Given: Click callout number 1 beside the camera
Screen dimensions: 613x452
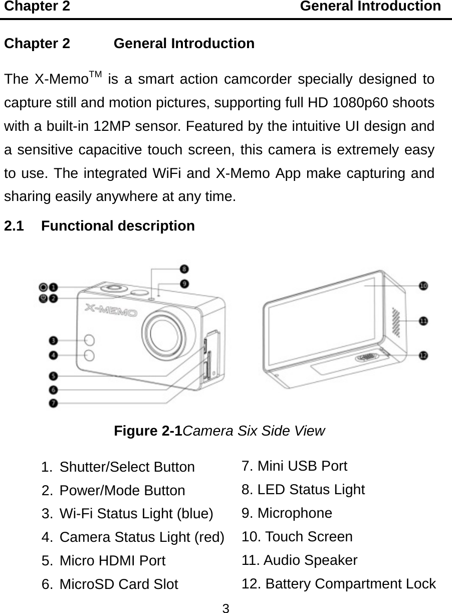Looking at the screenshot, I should coord(53,288).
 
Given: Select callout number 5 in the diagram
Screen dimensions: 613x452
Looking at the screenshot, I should coord(53,375).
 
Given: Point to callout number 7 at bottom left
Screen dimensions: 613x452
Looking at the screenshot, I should coord(53,402).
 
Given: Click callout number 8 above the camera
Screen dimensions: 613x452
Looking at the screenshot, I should coord(185,268).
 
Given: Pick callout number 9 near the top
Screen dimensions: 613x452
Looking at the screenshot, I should coord(185,284).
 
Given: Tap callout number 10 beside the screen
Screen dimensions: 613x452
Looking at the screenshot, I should coord(423,286).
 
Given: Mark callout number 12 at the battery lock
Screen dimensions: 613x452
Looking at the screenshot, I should coord(423,355).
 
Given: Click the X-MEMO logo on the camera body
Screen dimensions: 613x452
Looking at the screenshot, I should coord(111,312).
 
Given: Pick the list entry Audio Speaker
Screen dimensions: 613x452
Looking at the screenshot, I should coord(300,560).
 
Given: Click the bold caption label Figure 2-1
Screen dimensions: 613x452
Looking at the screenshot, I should coord(149,431).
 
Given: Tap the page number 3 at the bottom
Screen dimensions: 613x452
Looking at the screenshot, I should coord(226,608).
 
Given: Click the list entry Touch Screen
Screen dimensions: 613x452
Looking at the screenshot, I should coord(297,537).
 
